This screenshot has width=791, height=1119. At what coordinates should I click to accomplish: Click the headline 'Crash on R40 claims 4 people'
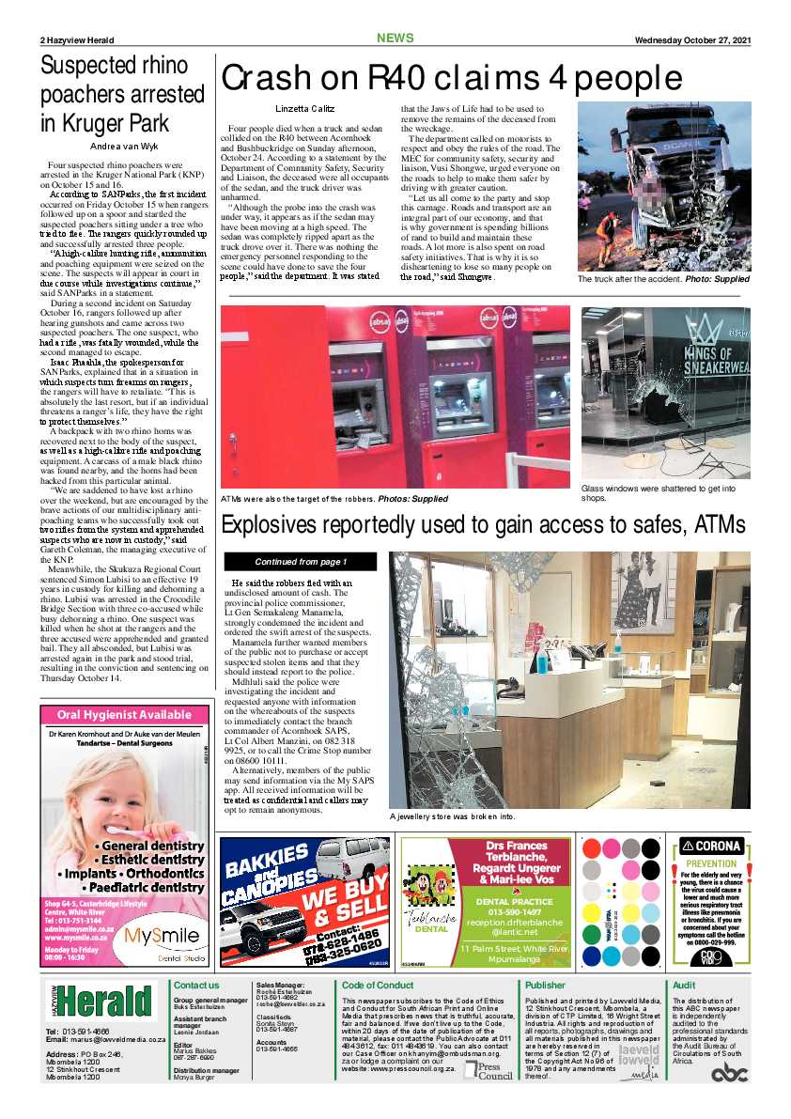451,78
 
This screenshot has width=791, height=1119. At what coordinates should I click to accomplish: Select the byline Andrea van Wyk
122,147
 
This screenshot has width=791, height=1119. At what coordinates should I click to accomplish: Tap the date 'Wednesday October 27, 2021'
692,39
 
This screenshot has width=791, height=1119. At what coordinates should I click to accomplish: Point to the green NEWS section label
395,39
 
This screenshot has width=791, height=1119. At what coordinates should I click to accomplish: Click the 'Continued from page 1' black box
301,562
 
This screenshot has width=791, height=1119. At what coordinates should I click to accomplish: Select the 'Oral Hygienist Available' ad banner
124,715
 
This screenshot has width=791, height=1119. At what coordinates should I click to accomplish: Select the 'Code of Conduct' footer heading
378,985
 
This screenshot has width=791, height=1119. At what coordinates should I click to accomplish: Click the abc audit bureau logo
729,1073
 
